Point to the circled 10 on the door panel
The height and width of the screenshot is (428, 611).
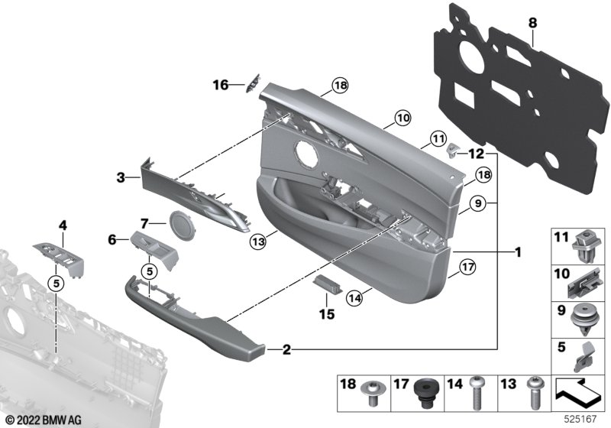pyautogui.click(x=402, y=118)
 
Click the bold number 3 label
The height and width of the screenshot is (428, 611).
pyautogui.click(x=120, y=177)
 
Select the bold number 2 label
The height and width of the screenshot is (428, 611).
pyautogui.click(x=286, y=351)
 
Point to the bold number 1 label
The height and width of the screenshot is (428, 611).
pyautogui.click(x=517, y=251)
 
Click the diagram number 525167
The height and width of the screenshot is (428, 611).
pyautogui.click(x=583, y=419)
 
